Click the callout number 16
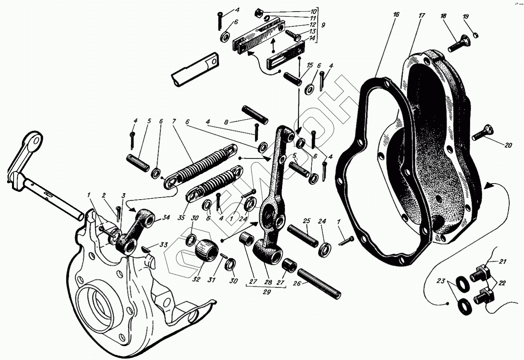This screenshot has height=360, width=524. (396, 14)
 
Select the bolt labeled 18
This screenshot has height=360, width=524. (458, 44)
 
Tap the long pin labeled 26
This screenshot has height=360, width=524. (319, 284)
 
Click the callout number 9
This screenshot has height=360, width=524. (323, 25)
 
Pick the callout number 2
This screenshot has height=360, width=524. (104, 196)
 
